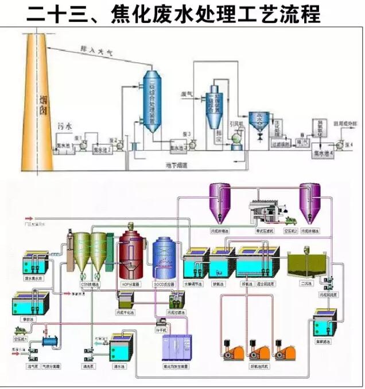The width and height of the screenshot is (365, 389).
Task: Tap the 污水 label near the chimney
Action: point(64,122)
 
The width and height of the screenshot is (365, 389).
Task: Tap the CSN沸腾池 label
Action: point(90,284)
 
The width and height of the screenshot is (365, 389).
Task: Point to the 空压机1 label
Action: point(20,339)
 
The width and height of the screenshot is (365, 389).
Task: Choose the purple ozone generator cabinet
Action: point(182,350)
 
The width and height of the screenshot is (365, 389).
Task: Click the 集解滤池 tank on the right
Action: point(325,323)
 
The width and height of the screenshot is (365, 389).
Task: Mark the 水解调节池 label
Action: point(193,284)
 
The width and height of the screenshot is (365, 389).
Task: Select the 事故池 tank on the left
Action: point(26,302)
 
